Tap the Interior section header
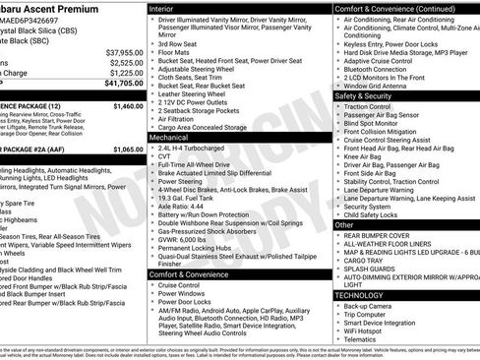point(167,7)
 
